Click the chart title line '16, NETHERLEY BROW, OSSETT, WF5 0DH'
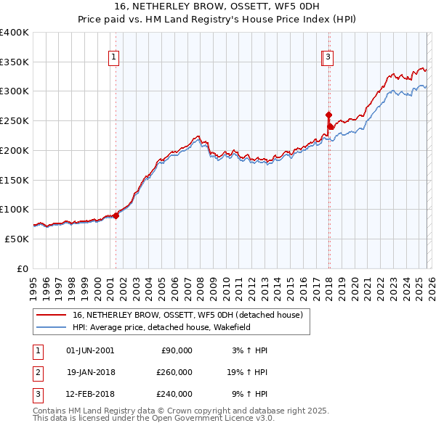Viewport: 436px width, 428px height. tap(217, 7)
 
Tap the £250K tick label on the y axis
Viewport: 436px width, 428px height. tap(15, 120)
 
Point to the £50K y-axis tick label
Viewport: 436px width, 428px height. tap(17, 239)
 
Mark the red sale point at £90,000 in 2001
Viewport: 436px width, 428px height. tap(116, 215)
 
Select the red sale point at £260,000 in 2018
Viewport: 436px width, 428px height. tap(328, 115)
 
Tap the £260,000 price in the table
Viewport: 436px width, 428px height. tap(174, 372)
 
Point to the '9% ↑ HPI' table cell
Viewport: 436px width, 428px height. tap(249, 394)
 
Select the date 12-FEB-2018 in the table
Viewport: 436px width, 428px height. tap(90, 394)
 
